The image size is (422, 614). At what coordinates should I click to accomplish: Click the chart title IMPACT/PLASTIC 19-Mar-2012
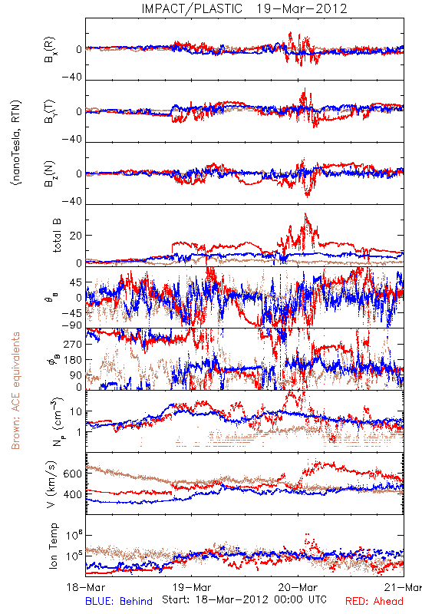[244, 8]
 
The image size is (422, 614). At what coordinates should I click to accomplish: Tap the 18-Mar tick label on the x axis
[85, 587]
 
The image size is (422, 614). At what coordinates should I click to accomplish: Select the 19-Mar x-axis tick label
[192, 587]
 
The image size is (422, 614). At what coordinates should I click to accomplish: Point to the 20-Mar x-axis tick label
[298, 587]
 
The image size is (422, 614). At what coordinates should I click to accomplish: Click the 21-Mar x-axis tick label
[403, 587]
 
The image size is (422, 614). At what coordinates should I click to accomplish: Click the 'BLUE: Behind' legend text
[119, 601]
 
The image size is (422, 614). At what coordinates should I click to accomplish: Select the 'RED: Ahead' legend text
[374, 601]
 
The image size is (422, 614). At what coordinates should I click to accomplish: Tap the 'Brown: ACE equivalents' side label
[15, 391]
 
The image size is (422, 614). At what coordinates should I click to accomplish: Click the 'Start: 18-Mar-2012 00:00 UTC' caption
[244, 599]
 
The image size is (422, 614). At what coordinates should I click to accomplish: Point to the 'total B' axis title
[56, 236]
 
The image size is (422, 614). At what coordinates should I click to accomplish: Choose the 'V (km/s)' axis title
[51, 484]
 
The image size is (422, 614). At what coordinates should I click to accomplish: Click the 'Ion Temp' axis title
[53, 546]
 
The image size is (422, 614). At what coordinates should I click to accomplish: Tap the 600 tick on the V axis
[72, 474]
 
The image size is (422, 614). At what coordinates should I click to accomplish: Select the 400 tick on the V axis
[72, 494]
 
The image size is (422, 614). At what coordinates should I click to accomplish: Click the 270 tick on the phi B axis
[72, 344]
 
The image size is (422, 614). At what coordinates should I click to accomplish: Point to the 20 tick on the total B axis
[76, 236]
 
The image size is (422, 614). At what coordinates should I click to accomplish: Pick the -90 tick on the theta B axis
[72, 325]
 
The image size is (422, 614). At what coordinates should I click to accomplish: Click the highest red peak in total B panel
[305, 214]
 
